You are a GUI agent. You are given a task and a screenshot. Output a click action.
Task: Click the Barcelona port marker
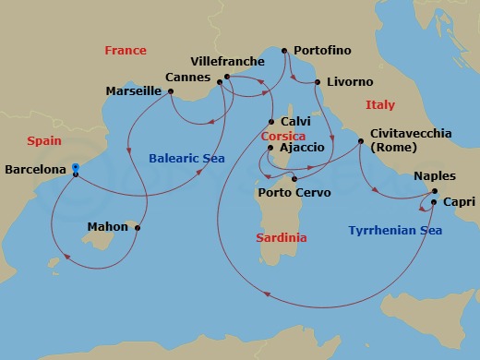[76, 169]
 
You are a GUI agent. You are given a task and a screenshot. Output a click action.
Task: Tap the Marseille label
[134, 91]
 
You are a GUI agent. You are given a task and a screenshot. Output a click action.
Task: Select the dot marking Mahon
[138, 226]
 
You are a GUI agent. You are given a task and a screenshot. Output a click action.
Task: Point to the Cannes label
[187, 78]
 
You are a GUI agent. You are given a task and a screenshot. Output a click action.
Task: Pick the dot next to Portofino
[285, 51]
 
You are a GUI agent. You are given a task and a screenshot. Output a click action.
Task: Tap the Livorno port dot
[318, 83]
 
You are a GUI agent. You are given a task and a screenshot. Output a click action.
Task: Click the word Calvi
[296, 121]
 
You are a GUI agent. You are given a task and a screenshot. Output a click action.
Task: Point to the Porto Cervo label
[292, 193]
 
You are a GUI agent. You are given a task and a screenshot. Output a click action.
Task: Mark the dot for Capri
[434, 201]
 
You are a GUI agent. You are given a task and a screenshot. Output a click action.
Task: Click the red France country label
[126, 50]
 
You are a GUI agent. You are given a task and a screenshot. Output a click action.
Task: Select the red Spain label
[44, 141]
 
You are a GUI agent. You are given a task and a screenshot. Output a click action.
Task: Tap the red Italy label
[380, 105]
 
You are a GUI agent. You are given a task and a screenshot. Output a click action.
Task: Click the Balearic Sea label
[186, 159]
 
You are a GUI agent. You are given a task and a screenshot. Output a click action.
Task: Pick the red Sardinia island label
[281, 238]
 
